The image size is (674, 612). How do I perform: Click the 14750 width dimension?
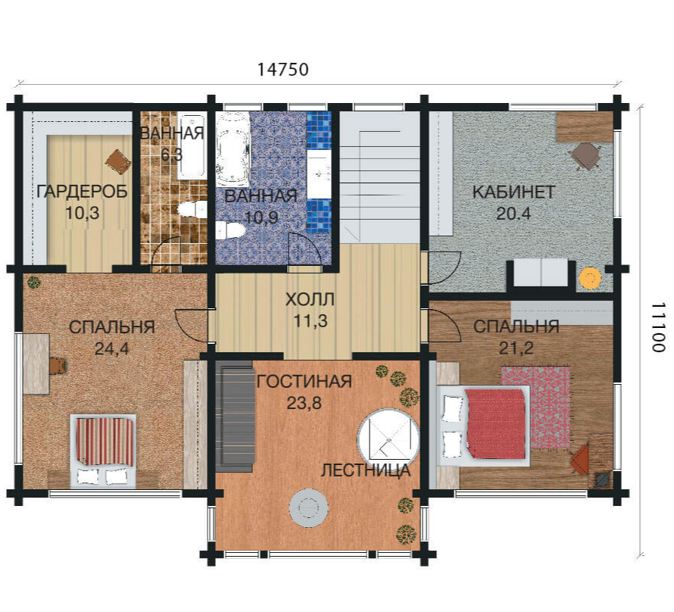pos(282,70)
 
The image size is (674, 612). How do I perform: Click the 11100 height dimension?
pos(658,327)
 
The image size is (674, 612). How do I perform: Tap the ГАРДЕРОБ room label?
pos(82,191)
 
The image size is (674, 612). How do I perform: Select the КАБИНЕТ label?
pos(513,192)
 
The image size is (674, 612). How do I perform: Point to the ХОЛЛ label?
pos(310,299)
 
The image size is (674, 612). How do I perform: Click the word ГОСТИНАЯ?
pos(304,382)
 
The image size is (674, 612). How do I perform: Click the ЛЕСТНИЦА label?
pos(366,470)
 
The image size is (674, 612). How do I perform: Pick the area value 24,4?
pos(112,349)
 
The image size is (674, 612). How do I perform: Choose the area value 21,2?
pos(516,348)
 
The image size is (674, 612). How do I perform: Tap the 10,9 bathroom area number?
pos(261,217)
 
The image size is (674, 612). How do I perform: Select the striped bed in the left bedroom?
pos(103,451)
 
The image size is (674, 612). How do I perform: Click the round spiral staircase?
pos(388,439)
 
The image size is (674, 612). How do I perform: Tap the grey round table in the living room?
pos(308,508)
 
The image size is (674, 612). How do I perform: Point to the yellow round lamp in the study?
pos(590,278)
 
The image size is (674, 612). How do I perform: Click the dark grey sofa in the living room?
pos(236,417)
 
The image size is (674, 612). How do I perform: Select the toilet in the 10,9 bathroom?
pos(229,230)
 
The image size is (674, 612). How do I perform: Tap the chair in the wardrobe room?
pos(118,161)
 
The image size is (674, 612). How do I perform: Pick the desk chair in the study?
pos(585,156)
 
